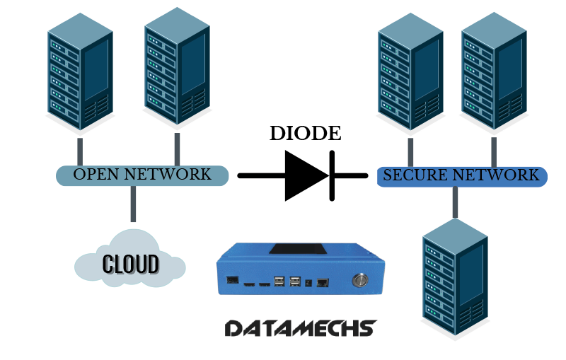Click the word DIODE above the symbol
(306, 134)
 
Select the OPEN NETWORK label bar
(142, 175)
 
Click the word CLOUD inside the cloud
(131, 264)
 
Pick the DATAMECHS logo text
(300, 328)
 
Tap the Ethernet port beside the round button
(323, 282)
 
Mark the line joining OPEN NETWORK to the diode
(261, 175)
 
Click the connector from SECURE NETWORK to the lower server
(454, 201)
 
